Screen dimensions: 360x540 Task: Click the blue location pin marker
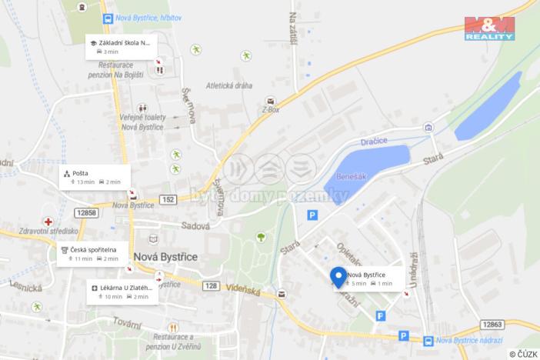click(x=338, y=277)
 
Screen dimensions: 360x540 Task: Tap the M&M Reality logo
click(x=489, y=28)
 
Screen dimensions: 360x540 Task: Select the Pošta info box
click(x=93, y=178)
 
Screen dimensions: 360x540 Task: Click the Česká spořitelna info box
click(x=89, y=254)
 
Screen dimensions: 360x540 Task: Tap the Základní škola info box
click(x=121, y=46)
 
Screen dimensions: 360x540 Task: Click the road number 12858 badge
click(x=86, y=212)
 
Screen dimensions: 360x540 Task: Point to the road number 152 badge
click(x=168, y=198)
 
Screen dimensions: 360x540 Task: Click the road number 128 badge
click(x=212, y=285)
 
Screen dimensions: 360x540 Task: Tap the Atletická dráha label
click(x=228, y=85)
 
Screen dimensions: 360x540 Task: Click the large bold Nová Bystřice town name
click(x=165, y=257)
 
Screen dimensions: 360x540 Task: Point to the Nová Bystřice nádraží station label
click(x=468, y=340)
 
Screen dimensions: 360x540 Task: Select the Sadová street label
click(x=195, y=226)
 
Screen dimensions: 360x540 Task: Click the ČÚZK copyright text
click(x=522, y=353)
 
